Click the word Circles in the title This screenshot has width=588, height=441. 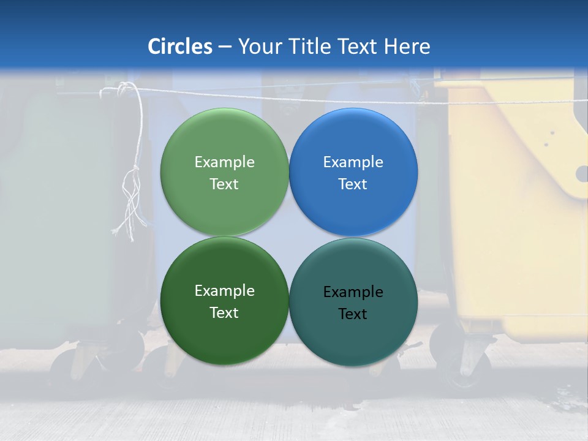tap(179, 46)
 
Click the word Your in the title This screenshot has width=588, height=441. tap(260, 46)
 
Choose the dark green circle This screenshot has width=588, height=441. tap(224, 337)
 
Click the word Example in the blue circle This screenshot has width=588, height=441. tap(353, 162)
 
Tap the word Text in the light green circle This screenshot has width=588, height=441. tap(224, 184)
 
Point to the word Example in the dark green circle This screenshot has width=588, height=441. tap(224, 290)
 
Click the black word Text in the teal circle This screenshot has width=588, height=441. tap(353, 314)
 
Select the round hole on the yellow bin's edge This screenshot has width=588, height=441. tap(582, 174)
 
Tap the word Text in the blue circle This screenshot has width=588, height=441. tap(353, 184)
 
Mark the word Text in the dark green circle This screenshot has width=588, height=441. tap(224, 312)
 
